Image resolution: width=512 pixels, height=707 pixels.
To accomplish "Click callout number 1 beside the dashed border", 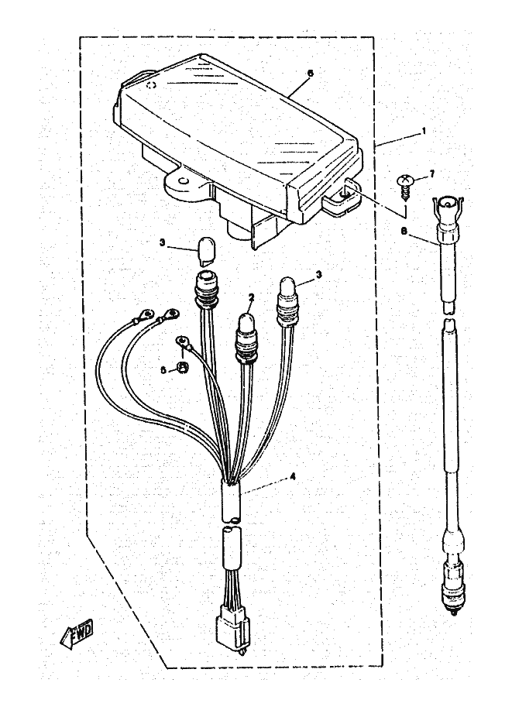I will tap(424, 132).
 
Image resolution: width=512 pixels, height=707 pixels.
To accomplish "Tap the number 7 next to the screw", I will tap(431, 173).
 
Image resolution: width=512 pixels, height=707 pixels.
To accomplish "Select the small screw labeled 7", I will tap(405, 180).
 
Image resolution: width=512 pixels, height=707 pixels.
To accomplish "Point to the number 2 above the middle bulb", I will tap(251, 297).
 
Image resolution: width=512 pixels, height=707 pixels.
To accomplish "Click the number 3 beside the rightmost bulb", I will tap(319, 274).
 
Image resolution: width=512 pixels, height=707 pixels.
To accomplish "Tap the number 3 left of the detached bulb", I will tap(162, 243).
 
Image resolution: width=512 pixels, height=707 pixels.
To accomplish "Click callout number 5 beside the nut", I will tap(163, 370).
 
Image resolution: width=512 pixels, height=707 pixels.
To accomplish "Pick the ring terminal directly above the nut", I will tap(184, 340).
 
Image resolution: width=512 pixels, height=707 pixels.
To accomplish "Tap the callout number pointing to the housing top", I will tap(310, 73).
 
